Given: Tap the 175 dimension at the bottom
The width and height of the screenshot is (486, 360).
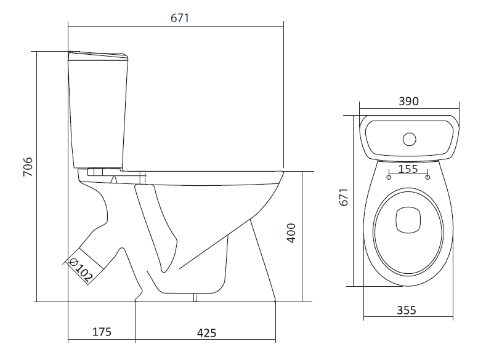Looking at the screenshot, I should point(102,332).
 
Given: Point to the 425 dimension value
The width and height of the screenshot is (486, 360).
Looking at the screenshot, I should point(206,333).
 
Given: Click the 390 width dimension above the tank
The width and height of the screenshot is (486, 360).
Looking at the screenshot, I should point(408,102).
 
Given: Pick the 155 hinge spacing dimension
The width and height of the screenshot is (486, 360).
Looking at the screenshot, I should point(408,169).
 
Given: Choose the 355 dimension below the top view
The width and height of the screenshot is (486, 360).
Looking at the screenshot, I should point(406,310).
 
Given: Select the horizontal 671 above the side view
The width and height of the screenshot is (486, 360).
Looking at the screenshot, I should point(179,18).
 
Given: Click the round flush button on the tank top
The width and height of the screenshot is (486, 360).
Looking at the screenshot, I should point(409,138).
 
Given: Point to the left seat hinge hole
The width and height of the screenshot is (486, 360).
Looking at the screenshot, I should point(389,177).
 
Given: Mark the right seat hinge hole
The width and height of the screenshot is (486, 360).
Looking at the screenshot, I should point(427,177).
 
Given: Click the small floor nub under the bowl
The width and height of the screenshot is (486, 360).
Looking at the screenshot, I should point(195,298).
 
